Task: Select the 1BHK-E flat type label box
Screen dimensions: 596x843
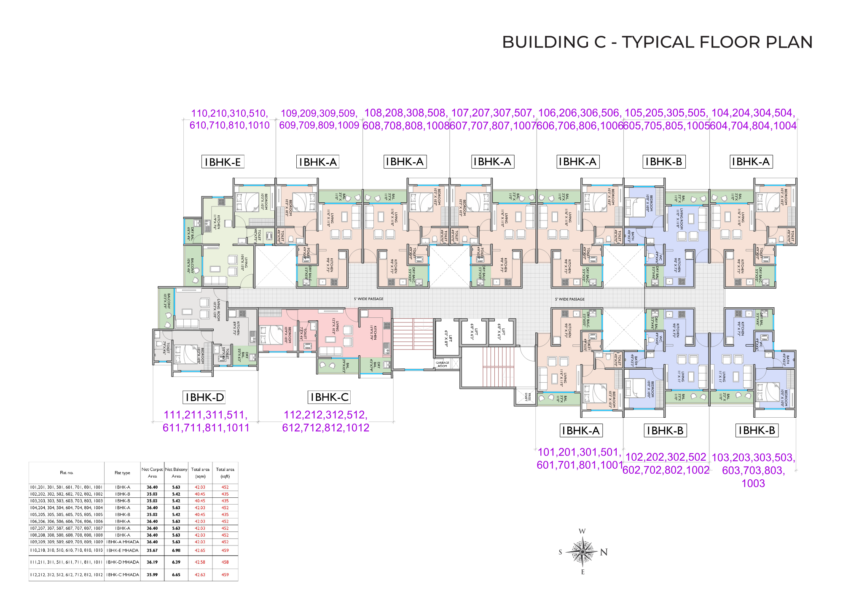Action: pyautogui.click(x=223, y=162)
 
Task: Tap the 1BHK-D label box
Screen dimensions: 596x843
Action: pyautogui.click(x=204, y=397)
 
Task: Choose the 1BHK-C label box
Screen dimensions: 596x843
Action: pyautogui.click(x=329, y=397)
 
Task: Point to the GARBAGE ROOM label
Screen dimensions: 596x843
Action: pyautogui.click(x=442, y=364)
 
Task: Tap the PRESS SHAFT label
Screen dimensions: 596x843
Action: pyautogui.click(x=527, y=397)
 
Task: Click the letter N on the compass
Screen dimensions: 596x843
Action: pyautogui.click(x=604, y=552)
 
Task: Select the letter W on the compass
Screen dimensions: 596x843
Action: pyautogui.click(x=582, y=531)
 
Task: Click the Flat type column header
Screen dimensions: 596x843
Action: pyautogui.click(x=122, y=473)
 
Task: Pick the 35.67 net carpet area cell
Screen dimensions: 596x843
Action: pyautogui.click(x=152, y=550)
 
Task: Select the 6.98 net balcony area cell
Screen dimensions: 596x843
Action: pyautogui.click(x=176, y=550)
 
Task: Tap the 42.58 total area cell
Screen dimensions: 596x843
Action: pyautogui.click(x=200, y=562)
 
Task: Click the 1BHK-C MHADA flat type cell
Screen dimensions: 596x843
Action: pyautogui.click(x=122, y=575)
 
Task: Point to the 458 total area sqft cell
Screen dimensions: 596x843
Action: pyautogui.click(x=225, y=562)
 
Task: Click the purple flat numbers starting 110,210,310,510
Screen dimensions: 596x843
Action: pyautogui.click(x=229, y=119)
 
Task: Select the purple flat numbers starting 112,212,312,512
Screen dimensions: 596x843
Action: pyautogui.click(x=325, y=421)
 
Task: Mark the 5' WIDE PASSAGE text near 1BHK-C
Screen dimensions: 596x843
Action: pyautogui.click(x=368, y=299)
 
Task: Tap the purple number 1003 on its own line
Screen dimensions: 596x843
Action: pyautogui.click(x=753, y=483)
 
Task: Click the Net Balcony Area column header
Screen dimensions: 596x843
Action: pyautogui.click(x=176, y=473)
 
